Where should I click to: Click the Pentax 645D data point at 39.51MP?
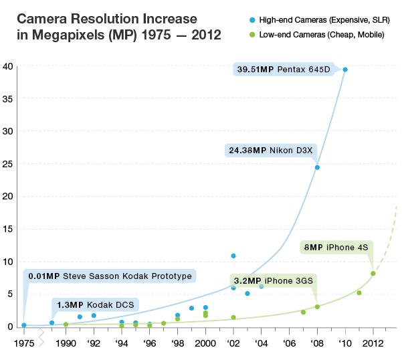tap(345, 70)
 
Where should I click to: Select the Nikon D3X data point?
tap(317, 167)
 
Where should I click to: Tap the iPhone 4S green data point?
tap(373, 273)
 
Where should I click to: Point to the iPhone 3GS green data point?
tap(317, 307)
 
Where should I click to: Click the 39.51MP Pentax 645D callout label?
tap(284, 68)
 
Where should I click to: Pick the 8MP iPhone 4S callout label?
tap(336, 248)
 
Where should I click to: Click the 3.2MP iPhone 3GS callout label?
tap(272, 280)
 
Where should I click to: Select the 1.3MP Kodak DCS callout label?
tap(94, 305)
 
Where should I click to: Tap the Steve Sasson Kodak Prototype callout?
tap(110, 276)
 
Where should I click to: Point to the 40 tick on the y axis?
tap(8, 66)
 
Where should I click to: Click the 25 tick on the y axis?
tap(8, 163)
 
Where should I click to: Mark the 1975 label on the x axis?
tap(24, 343)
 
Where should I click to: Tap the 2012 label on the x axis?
tap(373, 343)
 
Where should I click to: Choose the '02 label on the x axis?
tap(233, 343)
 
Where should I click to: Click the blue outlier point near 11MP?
tap(233, 256)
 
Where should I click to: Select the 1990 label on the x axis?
tap(66, 343)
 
